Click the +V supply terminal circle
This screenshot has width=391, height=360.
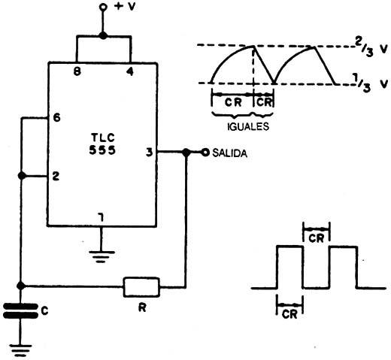103,8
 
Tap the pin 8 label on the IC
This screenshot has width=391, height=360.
77,72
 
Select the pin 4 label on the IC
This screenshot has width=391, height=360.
130,72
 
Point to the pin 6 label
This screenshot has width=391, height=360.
57,117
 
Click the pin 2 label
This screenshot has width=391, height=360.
56,176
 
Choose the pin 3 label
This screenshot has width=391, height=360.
150,153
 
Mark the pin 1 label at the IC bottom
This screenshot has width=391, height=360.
101,217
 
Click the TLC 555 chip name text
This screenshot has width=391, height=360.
102,144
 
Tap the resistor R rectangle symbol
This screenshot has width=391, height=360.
141,287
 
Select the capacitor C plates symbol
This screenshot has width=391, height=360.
20,311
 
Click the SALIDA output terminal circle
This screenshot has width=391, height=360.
205,152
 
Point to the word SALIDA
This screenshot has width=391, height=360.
229,153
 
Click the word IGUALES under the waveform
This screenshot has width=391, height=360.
248,126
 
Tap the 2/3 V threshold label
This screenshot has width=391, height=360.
371,50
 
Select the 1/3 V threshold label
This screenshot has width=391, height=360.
371,84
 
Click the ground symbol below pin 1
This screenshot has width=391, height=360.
102,256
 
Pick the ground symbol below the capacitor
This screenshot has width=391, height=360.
20,350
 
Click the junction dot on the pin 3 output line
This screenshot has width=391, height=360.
186,152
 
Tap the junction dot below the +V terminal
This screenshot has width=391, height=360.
103,35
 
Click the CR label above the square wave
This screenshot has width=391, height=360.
317,238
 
